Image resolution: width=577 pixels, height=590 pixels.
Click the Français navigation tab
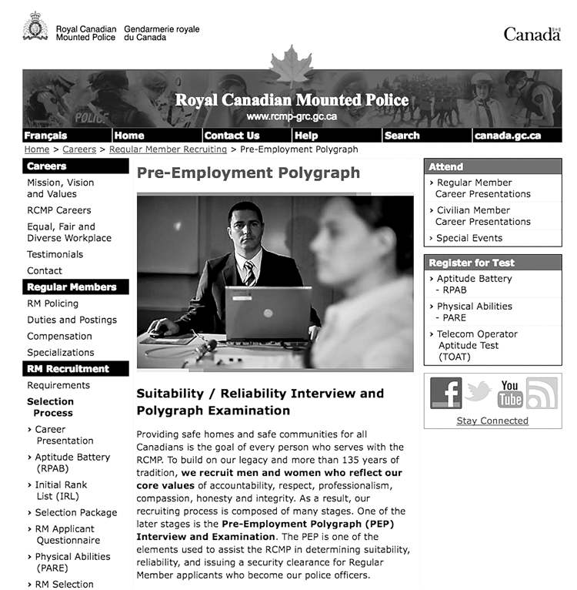45,136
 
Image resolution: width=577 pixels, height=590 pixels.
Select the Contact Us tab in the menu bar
232,136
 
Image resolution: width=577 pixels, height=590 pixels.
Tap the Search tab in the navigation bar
402,136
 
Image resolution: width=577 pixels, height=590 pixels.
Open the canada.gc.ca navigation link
507,136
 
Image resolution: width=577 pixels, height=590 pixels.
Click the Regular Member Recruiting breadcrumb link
168,149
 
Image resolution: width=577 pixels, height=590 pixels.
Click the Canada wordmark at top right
532,34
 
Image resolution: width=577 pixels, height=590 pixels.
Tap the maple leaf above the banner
292,66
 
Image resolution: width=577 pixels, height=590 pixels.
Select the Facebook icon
445,393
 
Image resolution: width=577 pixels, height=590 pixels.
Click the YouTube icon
509,393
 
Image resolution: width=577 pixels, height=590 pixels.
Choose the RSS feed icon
542,393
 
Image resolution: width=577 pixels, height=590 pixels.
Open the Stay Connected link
492,421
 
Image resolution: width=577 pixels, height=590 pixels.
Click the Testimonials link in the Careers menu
55,254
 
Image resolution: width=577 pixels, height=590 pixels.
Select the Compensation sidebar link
59,336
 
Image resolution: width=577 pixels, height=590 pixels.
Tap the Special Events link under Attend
469,238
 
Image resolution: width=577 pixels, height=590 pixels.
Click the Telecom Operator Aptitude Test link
476,346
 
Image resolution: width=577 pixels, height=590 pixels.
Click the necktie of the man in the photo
250,273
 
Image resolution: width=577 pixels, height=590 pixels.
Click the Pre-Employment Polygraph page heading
248,173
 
